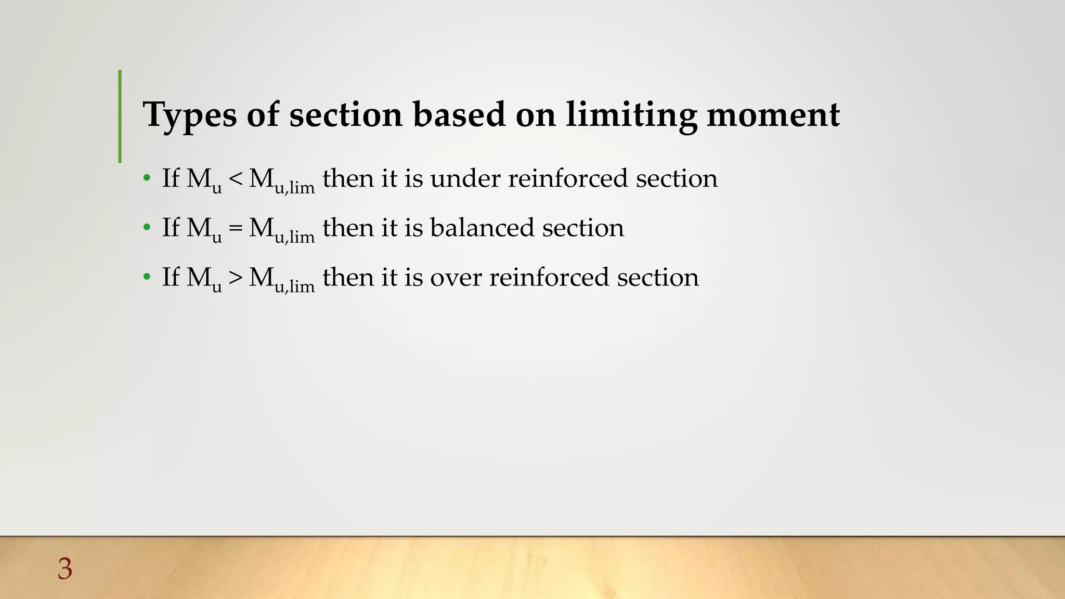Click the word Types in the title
point(190,115)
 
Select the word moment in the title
point(773,115)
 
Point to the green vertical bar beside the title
point(120,116)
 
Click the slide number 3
point(65,569)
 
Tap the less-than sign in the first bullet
point(235,179)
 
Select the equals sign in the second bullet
point(235,228)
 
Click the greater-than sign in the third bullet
point(235,278)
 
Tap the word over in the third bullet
point(456,278)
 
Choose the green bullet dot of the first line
point(147,179)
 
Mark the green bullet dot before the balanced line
point(147,228)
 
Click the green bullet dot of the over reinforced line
point(147,277)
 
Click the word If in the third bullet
point(171,277)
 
